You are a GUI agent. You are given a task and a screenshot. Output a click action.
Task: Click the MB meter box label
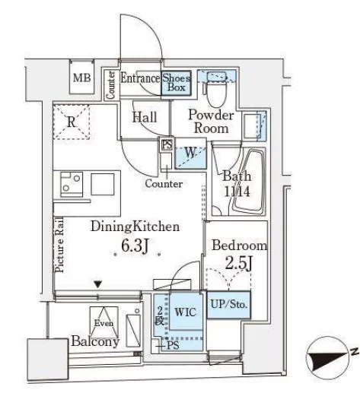click(81, 78)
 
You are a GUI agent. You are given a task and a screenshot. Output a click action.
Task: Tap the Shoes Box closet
click(176, 83)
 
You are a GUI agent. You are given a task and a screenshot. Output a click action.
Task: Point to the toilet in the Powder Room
click(216, 93)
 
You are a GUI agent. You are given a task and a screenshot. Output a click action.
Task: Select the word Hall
click(145, 117)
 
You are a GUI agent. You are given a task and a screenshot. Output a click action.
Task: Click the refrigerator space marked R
click(72, 122)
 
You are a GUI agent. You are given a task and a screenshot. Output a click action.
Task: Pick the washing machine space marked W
click(190, 153)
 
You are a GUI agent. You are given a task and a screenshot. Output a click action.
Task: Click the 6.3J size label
click(135, 246)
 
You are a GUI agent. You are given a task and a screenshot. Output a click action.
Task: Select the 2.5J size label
click(239, 263)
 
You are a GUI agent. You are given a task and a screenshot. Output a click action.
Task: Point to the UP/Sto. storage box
click(229, 305)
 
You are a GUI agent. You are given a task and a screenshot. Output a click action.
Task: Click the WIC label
click(186, 312)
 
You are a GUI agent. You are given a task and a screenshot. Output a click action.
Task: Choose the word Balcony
click(95, 341)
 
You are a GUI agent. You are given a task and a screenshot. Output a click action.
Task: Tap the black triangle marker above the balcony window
click(98, 284)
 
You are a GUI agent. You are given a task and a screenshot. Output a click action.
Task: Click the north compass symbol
click(327, 358)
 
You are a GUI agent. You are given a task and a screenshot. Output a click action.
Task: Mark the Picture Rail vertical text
click(59, 245)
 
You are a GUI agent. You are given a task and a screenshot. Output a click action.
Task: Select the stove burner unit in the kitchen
click(72, 184)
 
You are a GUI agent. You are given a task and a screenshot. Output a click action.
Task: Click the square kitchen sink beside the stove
click(103, 184)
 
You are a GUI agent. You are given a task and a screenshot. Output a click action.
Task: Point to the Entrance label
click(140, 78)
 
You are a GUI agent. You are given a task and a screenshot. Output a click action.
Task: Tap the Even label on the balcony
click(104, 323)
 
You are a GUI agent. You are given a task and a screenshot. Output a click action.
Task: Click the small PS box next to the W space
click(167, 145)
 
